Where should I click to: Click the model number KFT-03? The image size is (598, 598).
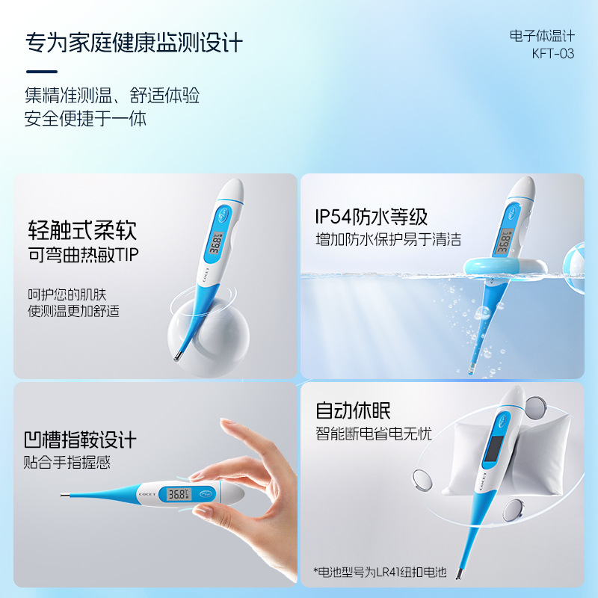(x=553, y=54)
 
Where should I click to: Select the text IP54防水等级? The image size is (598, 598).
(x=371, y=218)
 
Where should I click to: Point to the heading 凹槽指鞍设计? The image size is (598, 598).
(x=80, y=439)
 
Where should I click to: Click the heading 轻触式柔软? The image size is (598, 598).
(x=82, y=229)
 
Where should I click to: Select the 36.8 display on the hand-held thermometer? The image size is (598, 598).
(x=179, y=494)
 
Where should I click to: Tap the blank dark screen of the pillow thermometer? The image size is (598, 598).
(x=493, y=449)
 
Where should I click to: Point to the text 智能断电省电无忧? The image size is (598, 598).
(x=374, y=434)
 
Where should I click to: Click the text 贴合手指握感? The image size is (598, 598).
(x=67, y=463)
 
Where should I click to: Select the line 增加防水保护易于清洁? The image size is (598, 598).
(x=388, y=241)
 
